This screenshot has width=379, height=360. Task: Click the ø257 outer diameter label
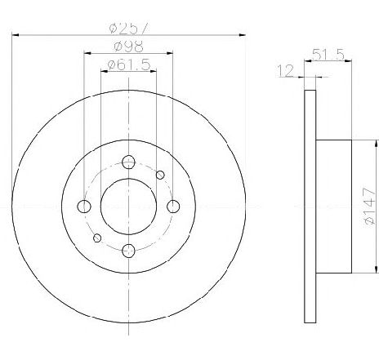130,29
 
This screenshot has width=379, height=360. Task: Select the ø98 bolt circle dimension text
128,47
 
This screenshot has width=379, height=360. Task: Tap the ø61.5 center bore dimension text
129,64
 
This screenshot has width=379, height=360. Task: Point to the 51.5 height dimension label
328,54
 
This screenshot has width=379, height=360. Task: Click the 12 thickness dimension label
285,70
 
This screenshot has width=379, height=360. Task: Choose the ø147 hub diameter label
370,206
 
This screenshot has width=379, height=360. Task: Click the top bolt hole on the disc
128,162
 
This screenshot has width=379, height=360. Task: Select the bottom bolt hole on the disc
128,251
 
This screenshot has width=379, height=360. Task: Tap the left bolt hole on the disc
84,207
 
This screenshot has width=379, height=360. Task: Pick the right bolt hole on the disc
173,207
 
